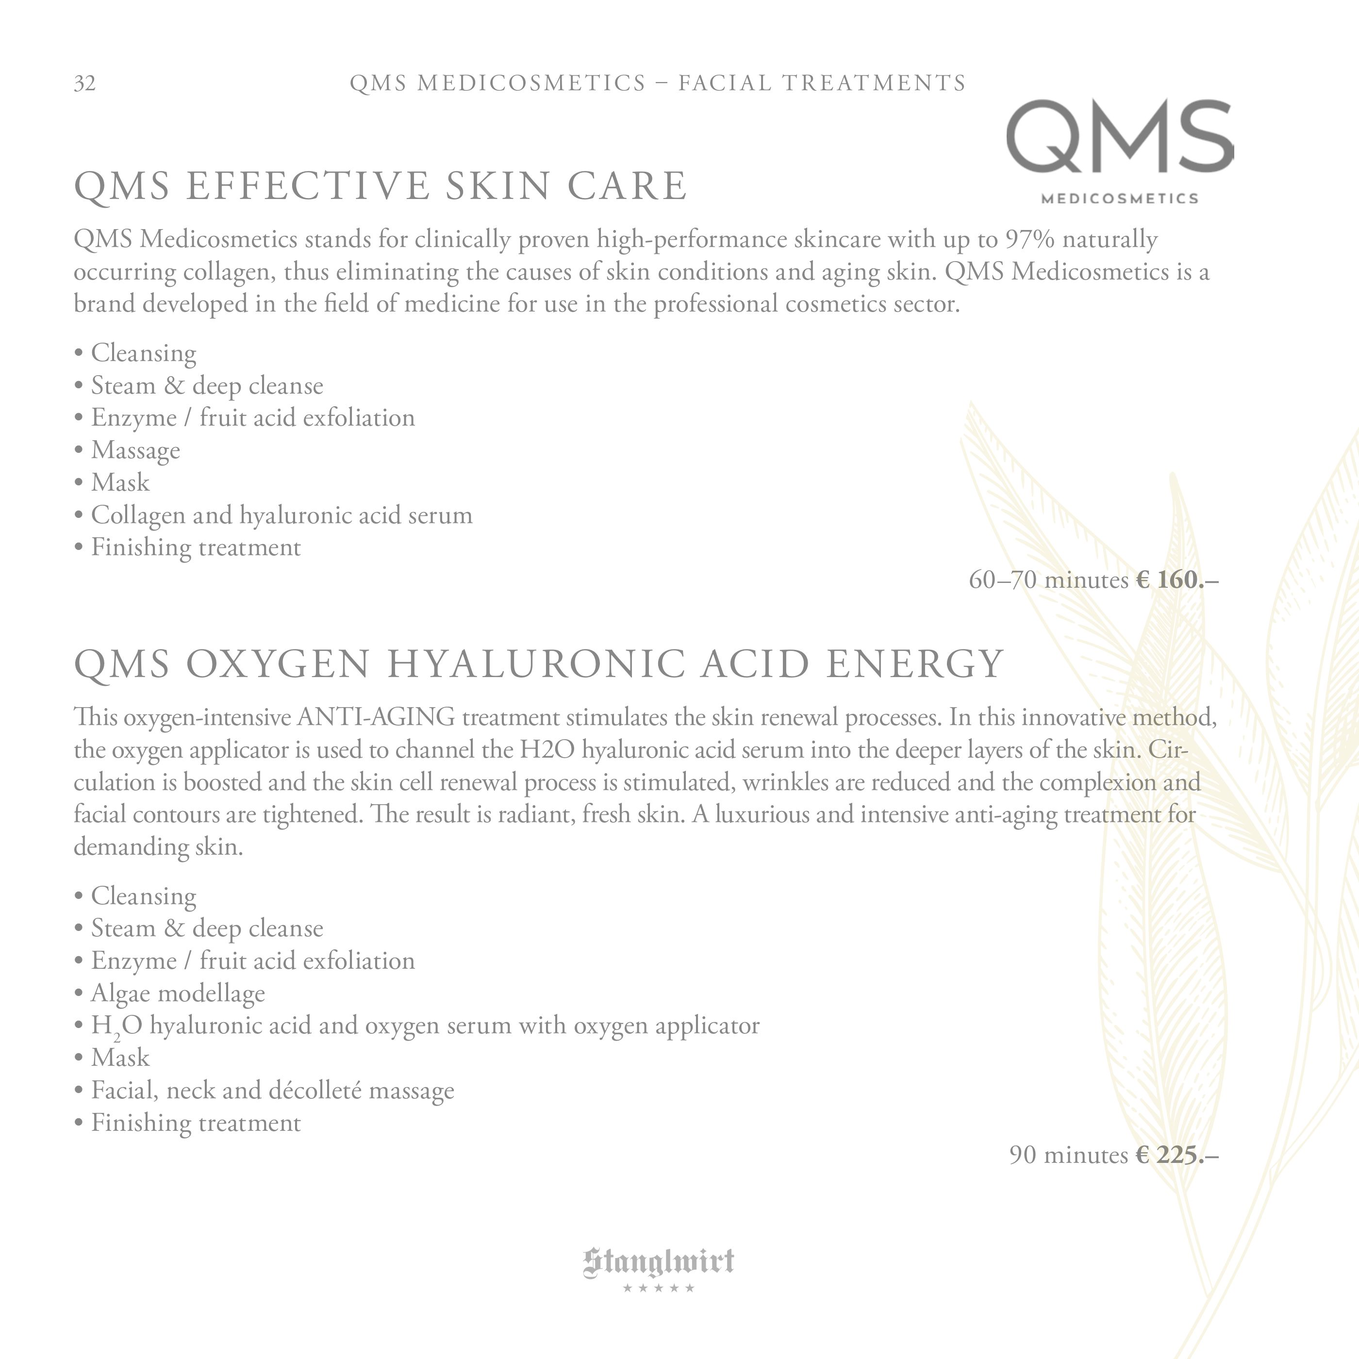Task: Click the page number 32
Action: pyautogui.click(x=84, y=83)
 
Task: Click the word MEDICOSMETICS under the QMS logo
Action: pyautogui.click(x=1119, y=199)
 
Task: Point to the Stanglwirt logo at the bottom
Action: pyautogui.click(x=659, y=1262)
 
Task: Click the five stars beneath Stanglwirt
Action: pyautogui.click(x=659, y=1288)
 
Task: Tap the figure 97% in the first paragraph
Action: pyautogui.click(x=1030, y=240)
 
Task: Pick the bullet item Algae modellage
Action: pyautogui.click(x=178, y=993)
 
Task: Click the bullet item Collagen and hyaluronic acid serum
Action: pyautogui.click(x=282, y=515)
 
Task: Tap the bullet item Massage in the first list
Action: pyautogui.click(x=135, y=450)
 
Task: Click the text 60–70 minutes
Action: pyautogui.click(x=1048, y=580)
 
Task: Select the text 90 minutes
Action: pyautogui.click(x=1068, y=1156)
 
